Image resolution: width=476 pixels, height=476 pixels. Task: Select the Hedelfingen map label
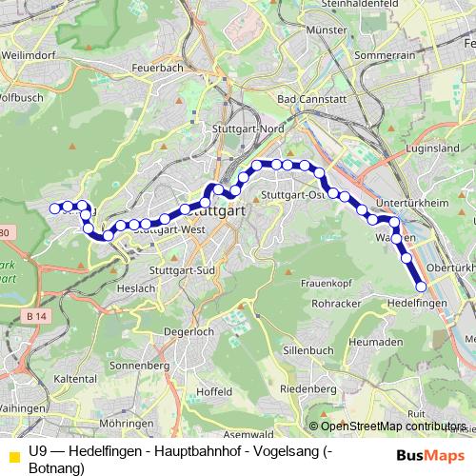(418, 302)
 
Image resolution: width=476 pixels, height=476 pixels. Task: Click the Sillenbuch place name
(309, 349)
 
